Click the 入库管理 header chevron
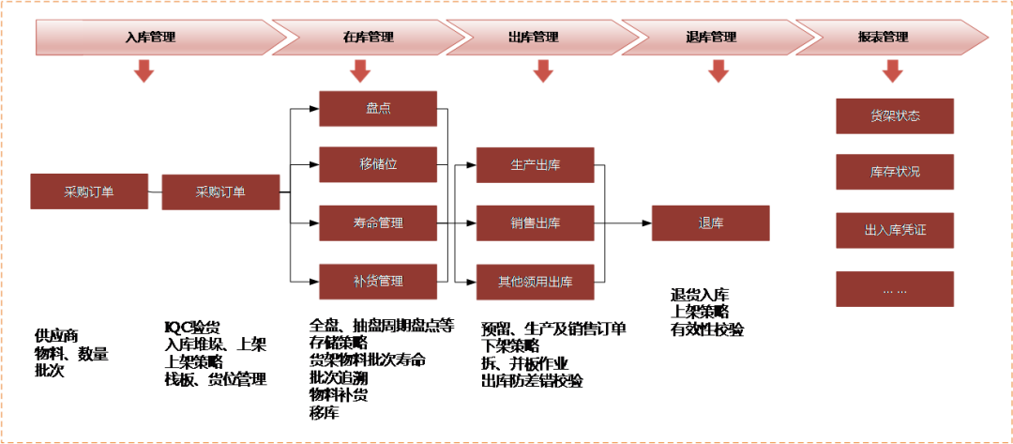tap(151, 38)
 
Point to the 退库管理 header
tap(711, 38)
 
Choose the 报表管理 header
tap(884, 38)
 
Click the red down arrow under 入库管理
tap(144, 71)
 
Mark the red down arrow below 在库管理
tap(360, 71)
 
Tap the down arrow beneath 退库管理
tap(718, 71)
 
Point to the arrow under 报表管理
tap(892, 71)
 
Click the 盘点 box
tap(378, 109)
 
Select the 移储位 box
tap(378, 164)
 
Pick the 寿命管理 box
tap(378, 223)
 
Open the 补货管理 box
tap(378, 282)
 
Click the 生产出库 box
tap(535, 164)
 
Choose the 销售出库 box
tap(535, 223)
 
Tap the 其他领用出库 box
tap(535, 282)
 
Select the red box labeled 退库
tap(710, 223)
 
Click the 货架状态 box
tap(895, 116)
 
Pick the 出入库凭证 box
tap(895, 230)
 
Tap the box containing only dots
tap(895, 289)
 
